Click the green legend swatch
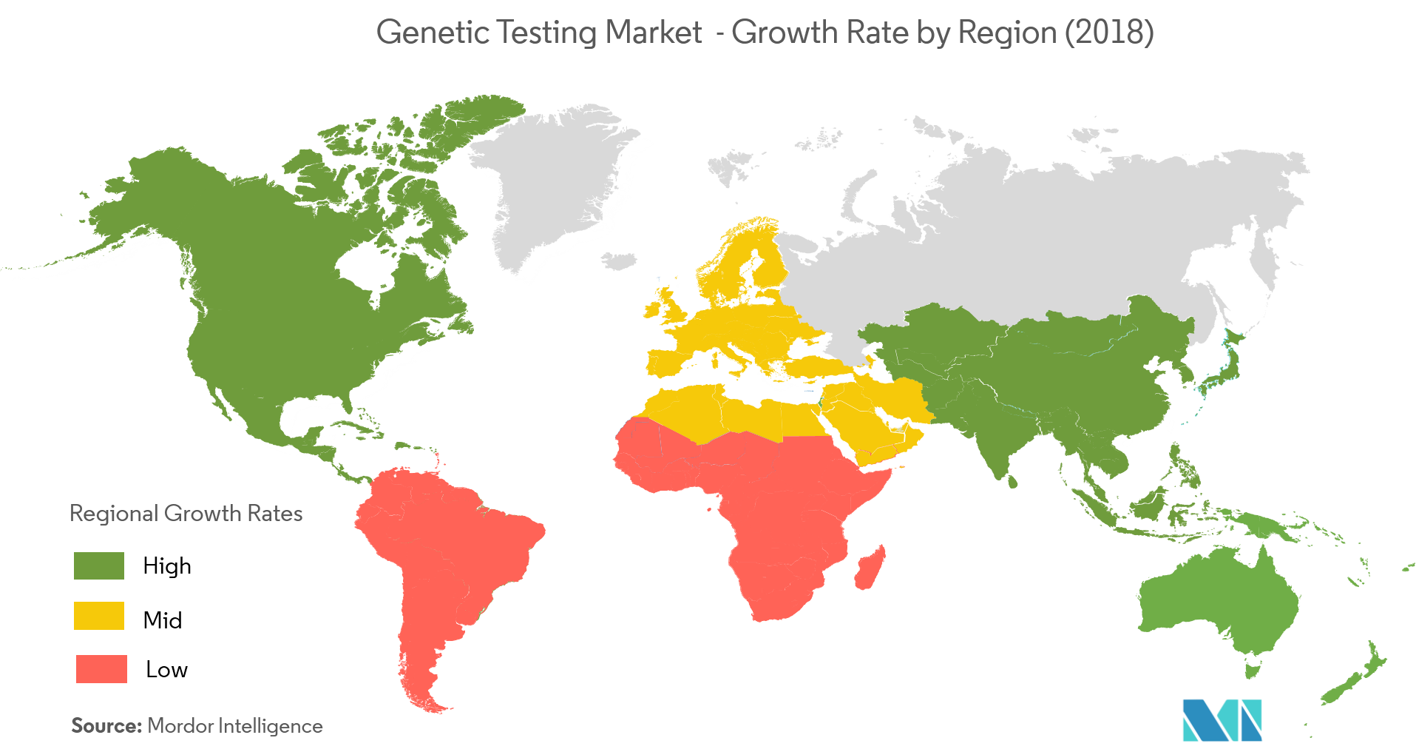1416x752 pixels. coord(99,565)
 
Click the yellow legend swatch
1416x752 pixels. coord(99,616)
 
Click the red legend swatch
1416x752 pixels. coord(101,668)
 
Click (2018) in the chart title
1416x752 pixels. coord(1109,33)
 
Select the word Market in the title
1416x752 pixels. coord(653,33)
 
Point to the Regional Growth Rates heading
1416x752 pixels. coord(186,514)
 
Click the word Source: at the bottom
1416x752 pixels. coord(106,726)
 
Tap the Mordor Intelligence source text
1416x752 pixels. coord(235,726)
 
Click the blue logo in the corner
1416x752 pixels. coord(1222,720)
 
